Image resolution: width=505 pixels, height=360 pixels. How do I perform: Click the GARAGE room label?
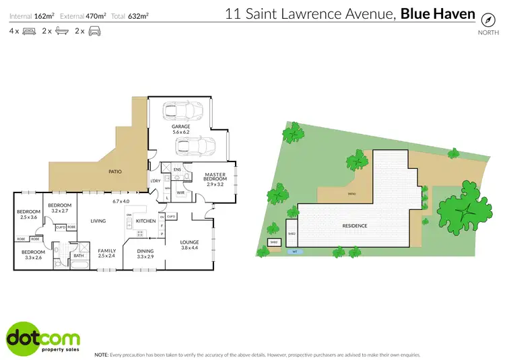pyautogui.click(x=180, y=127)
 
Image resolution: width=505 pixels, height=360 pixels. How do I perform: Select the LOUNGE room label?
pyautogui.click(x=189, y=242)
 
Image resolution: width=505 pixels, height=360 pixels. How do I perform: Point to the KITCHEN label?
pyautogui.click(x=146, y=221)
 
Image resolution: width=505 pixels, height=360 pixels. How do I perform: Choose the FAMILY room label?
pyautogui.click(x=107, y=250)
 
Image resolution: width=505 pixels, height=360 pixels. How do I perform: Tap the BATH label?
pyautogui.click(x=79, y=256)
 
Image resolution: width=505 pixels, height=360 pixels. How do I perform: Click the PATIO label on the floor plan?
pyautogui.click(x=115, y=172)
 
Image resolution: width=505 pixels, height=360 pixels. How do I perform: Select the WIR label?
pyautogui.click(x=180, y=192)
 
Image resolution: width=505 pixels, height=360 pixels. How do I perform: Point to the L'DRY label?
pyautogui.click(x=155, y=180)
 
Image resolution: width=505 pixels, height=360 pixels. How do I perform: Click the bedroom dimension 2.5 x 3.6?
pyautogui.click(x=28, y=217)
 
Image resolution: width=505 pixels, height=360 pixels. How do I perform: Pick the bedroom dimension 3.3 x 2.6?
pyautogui.click(x=34, y=257)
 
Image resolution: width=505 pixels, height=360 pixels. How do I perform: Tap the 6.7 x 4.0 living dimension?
pyautogui.click(x=122, y=201)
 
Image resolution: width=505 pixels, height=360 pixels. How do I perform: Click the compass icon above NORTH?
pyautogui.click(x=483, y=20)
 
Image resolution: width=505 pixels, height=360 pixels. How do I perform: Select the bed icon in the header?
pyautogui.click(x=29, y=31)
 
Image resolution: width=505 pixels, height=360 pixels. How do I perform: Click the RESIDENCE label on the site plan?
pyautogui.click(x=354, y=225)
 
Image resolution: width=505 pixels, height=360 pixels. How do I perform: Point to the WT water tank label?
pyautogui.click(x=294, y=252)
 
